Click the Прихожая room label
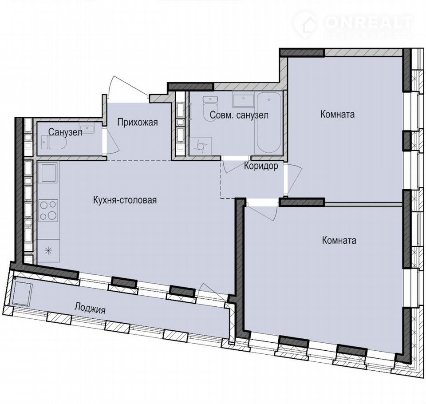(138, 123)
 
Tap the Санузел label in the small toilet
(65, 132)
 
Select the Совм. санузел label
(239, 115)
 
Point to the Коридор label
(261, 166)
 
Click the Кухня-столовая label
(125, 200)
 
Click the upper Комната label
(337, 114)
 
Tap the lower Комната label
(339, 240)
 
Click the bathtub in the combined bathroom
(269, 123)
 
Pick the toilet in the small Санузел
(54, 143)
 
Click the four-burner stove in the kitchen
(48, 210)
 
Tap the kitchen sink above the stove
(48, 173)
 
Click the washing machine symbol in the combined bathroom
(201, 146)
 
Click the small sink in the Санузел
(87, 127)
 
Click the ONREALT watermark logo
(353, 24)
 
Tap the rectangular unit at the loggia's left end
(23, 294)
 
